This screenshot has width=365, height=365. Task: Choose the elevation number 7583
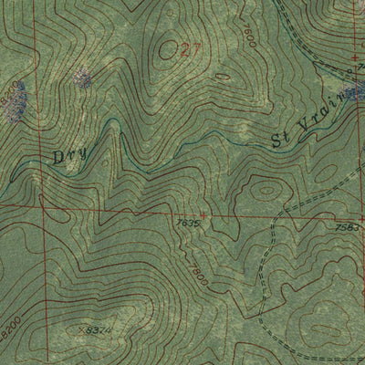tap(348, 227)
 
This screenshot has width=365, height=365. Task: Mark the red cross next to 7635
tap(203, 216)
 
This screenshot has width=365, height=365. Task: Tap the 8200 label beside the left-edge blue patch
tap(10, 90)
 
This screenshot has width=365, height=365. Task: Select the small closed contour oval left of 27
tap(168, 50)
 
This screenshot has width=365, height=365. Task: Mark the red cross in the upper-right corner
tap(354, 57)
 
